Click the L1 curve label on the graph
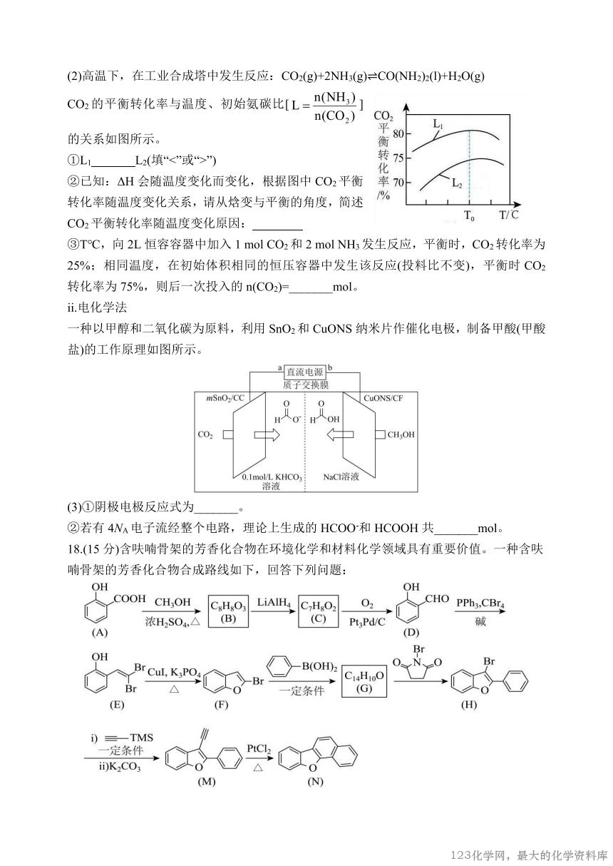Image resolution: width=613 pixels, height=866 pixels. point(438,125)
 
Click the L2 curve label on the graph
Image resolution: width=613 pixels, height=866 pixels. point(458,183)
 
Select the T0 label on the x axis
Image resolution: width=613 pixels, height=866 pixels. point(470,215)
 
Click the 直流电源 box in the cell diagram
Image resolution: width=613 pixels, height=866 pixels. point(304,372)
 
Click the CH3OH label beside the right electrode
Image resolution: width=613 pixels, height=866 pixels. point(402,435)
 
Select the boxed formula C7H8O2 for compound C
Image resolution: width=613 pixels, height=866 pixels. point(319,612)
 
